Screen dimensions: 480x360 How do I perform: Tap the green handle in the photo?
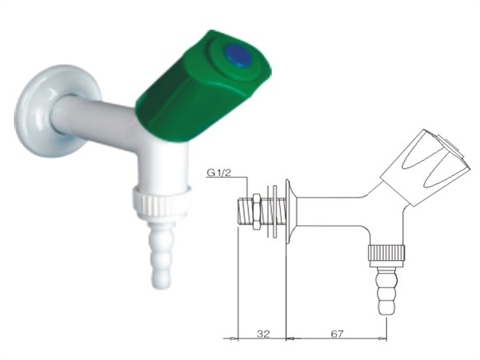pyautogui.click(x=203, y=86)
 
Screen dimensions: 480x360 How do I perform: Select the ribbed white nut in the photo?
pyautogui.click(x=162, y=202)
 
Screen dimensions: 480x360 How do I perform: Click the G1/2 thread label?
pyautogui.click(x=218, y=172)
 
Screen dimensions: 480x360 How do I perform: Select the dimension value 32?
pyautogui.click(x=263, y=334)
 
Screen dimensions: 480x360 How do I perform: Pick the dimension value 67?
pyautogui.click(x=337, y=334)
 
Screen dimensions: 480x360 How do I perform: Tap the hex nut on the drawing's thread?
pyautogui.click(x=257, y=212)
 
